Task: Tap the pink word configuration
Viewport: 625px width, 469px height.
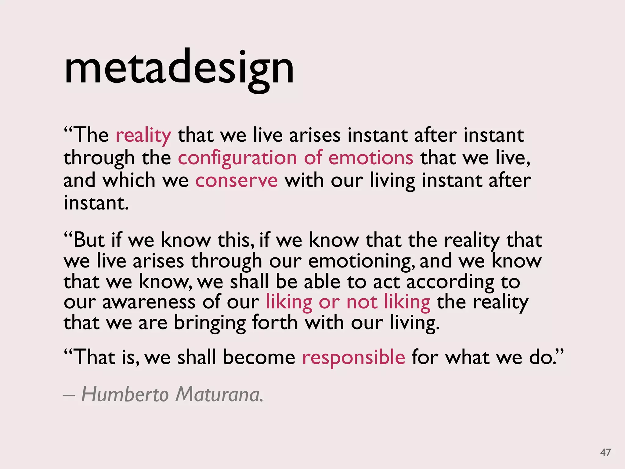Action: pyautogui.click(x=237, y=158)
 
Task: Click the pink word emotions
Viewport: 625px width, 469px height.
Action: pyautogui.click(x=371, y=158)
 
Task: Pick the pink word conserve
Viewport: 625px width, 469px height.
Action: pyautogui.click(x=237, y=180)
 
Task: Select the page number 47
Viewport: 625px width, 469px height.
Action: pyautogui.click(x=605, y=452)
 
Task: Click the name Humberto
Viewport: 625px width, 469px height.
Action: pyautogui.click(x=125, y=394)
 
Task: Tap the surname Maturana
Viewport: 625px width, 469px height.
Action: pyautogui.click(x=219, y=394)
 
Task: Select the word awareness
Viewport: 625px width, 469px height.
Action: pyautogui.click(x=149, y=302)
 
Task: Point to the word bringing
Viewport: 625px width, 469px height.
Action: pyautogui.click(x=210, y=323)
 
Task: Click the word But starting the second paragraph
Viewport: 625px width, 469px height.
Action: pyautogui.click(x=89, y=240)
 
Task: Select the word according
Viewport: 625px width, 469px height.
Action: pyautogui.click(x=450, y=282)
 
